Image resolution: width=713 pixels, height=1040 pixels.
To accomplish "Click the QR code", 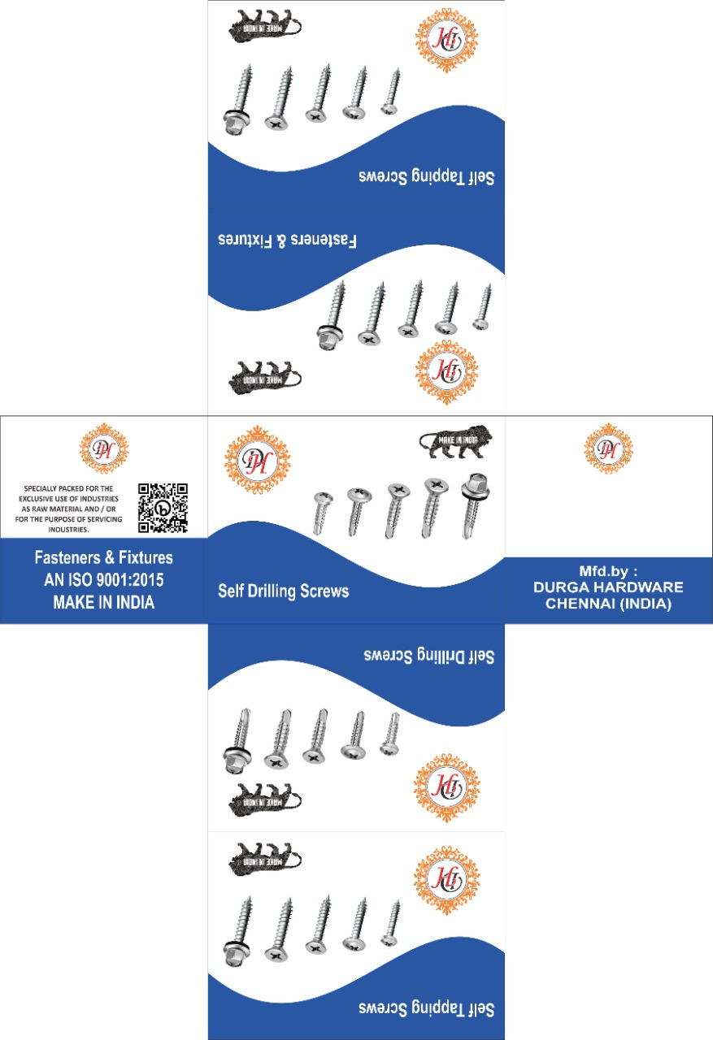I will click(x=163, y=508).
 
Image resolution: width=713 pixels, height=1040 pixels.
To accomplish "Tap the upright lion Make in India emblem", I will click(x=455, y=442).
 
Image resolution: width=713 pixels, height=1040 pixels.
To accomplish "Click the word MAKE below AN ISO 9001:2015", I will click(x=74, y=603).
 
